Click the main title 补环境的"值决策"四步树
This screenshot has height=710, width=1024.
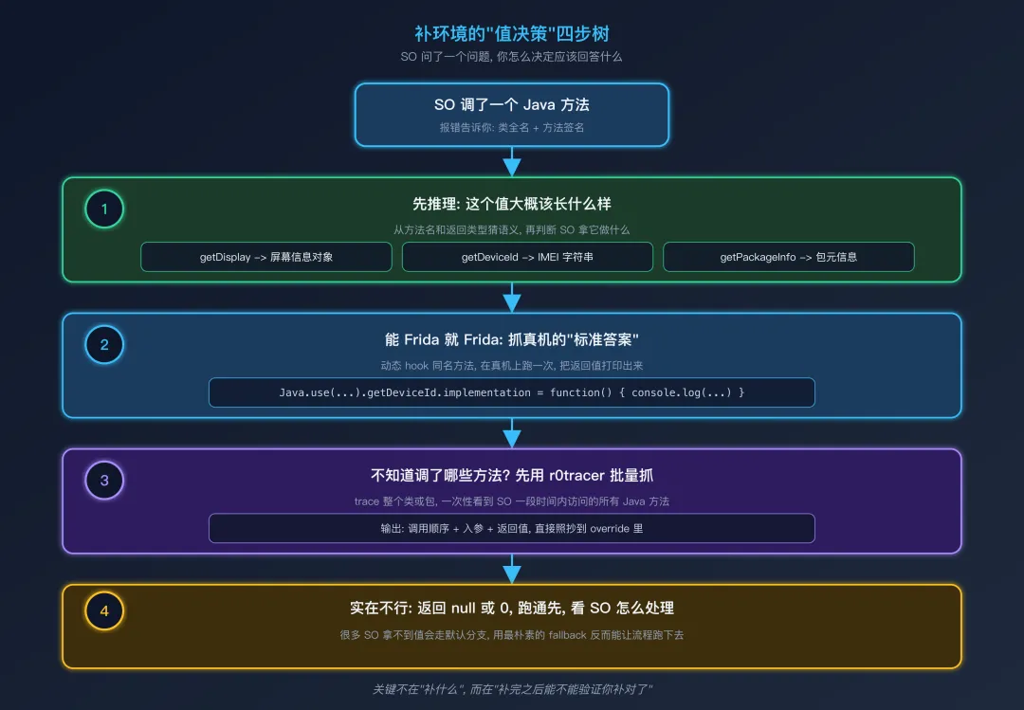(512, 34)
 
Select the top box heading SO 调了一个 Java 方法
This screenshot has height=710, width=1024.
(512, 105)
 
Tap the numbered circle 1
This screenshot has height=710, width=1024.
(104, 209)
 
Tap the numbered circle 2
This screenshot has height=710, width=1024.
(104, 345)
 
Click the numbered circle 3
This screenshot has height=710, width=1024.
(104, 481)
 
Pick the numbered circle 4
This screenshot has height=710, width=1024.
(104, 611)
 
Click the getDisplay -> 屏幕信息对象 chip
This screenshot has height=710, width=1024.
(266, 257)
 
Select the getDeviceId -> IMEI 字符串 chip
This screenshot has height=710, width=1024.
(527, 257)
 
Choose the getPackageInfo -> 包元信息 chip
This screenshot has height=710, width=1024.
(788, 257)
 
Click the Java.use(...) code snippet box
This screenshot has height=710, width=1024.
(512, 392)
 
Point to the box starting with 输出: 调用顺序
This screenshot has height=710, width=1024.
(512, 528)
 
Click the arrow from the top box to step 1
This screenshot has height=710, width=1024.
(512, 162)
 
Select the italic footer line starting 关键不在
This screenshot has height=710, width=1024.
(512, 689)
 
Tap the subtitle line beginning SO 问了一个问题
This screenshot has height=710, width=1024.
(512, 57)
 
